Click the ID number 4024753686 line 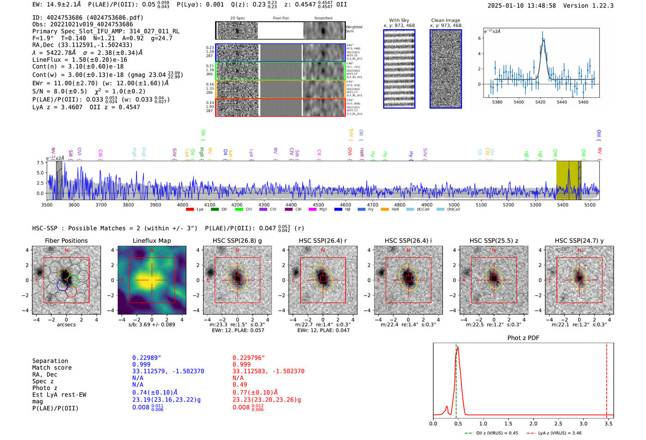[x=88, y=18]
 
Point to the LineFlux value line [x=80, y=60]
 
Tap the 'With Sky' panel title [x=399, y=20]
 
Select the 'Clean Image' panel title [x=445, y=20]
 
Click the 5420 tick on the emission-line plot [x=540, y=102]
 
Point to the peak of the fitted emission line [x=544, y=40]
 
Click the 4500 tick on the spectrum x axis [x=318, y=205]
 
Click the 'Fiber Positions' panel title [x=66, y=241]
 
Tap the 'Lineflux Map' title [x=151, y=241]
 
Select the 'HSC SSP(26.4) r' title [x=323, y=241]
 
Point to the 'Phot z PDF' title [x=523, y=338]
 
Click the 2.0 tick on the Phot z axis [x=533, y=423]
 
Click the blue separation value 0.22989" [x=147, y=358]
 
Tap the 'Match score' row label [x=52, y=368]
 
